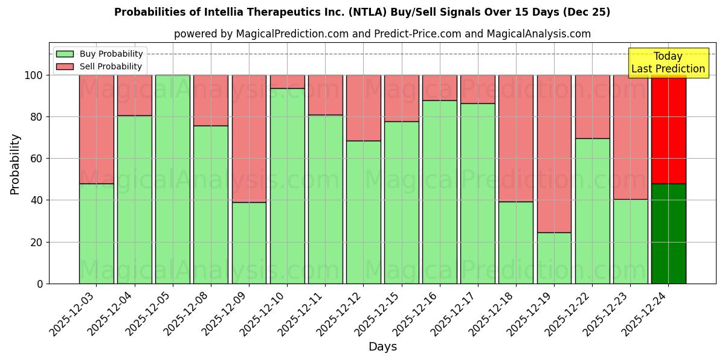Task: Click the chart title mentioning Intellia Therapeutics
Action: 362,12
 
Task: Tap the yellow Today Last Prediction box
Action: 668,63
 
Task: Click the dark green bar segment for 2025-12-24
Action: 668,233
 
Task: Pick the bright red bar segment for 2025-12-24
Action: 668,129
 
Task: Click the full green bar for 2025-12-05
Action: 173,179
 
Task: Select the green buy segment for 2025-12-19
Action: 554,258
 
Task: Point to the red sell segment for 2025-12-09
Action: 249,139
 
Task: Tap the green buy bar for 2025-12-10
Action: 288,186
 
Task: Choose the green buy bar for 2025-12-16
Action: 440,192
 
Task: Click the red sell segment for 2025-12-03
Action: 97,129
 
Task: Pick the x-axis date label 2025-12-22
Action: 568,318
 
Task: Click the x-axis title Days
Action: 382,347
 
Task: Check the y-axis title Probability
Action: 15,164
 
